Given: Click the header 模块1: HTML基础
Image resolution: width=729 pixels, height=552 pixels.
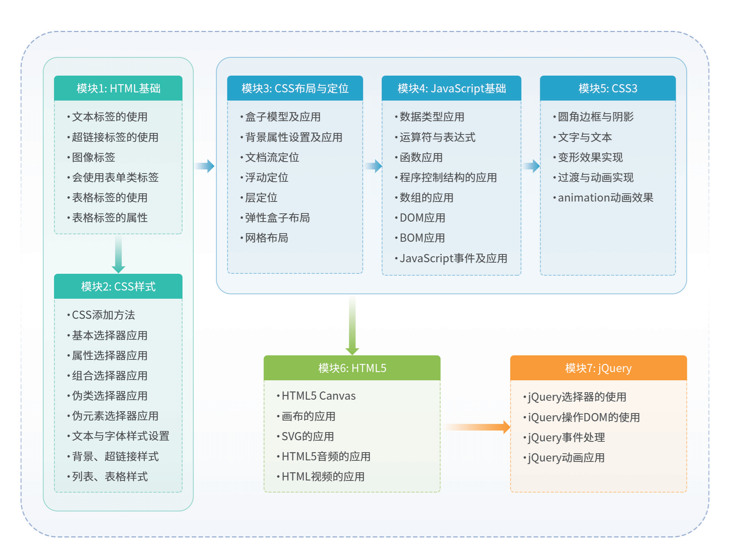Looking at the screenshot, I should click(x=118, y=88).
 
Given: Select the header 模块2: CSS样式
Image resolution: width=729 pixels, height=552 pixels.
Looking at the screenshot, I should click(x=118, y=286).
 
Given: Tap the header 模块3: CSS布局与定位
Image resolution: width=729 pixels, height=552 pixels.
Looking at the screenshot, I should click(x=295, y=88).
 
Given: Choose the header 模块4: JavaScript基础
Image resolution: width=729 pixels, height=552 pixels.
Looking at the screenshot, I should click(x=451, y=88).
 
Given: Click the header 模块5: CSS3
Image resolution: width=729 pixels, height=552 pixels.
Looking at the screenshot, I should click(x=608, y=88).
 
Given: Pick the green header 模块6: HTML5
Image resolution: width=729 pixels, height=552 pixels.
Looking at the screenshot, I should click(x=352, y=368).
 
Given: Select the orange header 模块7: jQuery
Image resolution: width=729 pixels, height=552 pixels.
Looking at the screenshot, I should click(x=598, y=368).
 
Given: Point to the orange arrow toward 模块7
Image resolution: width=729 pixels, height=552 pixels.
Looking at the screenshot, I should click(x=477, y=427).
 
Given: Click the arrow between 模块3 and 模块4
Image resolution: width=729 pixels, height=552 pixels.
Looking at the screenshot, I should click(x=373, y=166).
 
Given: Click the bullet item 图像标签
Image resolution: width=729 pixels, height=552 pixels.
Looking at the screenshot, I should click(x=93, y=157).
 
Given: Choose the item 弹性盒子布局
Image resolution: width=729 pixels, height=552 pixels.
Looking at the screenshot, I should click(x=277, y=218).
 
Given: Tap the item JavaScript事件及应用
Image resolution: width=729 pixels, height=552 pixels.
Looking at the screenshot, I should click(x=453, y=258).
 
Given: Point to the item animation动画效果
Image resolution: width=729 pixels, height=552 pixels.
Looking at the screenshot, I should click(x=605, y=197).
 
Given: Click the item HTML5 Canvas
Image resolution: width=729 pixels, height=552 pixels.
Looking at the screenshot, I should click(x=318, y=396).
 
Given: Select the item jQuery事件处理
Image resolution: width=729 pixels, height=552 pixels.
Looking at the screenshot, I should click(x=566, y=437).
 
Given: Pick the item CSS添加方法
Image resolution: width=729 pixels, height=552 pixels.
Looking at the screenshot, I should click(x=103, y=315).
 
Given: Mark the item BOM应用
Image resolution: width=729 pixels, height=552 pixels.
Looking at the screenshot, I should click(x=422, y=238).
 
